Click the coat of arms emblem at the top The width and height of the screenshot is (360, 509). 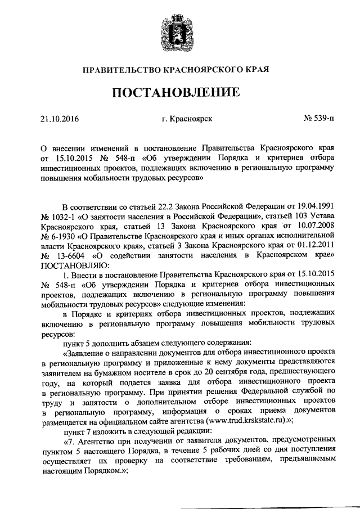click(180, 29)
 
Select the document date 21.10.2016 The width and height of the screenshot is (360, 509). click(59, 119)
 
